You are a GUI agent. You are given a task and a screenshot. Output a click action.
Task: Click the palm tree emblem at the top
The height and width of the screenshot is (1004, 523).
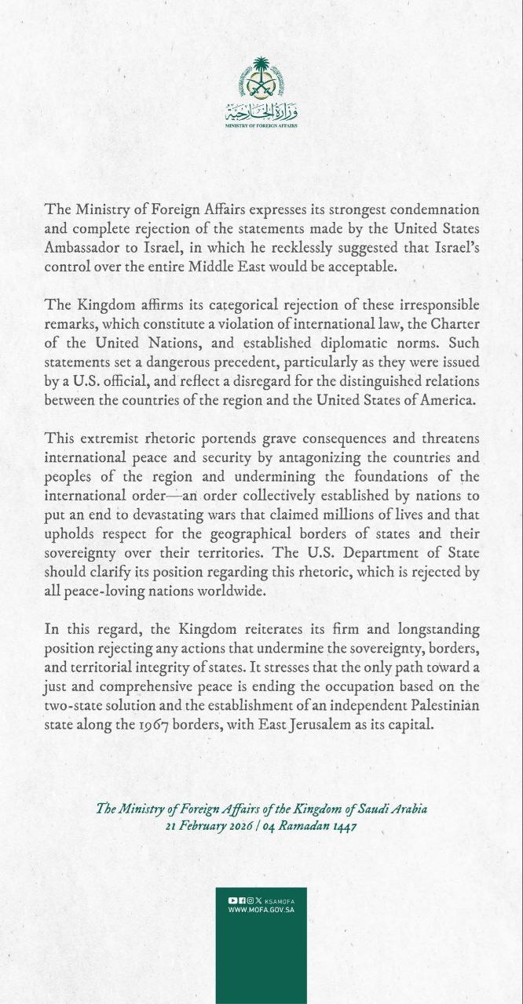point(261,78)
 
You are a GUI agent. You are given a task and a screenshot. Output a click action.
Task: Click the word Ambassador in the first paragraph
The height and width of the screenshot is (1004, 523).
point(82,248)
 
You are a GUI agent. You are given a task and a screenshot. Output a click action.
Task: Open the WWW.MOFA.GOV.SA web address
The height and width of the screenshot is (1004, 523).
point(261,910)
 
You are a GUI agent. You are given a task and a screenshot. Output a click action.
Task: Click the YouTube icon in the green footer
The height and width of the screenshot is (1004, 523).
point(232,900)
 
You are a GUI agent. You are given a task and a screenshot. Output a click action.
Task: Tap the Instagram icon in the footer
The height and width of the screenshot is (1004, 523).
point(249,900)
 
